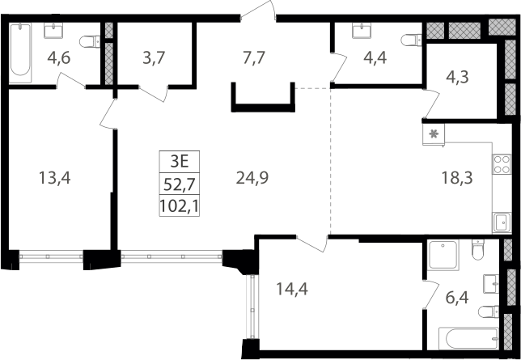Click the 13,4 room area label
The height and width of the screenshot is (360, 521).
[55, 178]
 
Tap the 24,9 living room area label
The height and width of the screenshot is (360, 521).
[252, 178]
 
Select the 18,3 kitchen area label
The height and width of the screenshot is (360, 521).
[457, 178]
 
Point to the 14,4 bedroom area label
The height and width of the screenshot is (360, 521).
[292, 289]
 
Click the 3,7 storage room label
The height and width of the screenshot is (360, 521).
[154, 58]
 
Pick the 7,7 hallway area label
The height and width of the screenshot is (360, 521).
[254, 58]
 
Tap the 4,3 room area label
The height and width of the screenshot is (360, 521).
[458, 78]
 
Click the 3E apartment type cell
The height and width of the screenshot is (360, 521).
[180, 162]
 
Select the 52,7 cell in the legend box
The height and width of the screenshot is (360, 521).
[180, 184]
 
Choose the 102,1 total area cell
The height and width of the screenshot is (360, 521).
[180, 205]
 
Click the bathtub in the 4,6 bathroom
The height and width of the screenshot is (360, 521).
[20, 53]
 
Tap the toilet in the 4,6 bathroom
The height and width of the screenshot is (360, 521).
[90, 41]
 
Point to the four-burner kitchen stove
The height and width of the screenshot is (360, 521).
[502, 164]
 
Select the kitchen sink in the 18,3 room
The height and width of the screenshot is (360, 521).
[502, 222]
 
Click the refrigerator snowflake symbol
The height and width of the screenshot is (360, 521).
[434, 134]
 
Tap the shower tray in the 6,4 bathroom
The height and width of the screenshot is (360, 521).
[443, 255]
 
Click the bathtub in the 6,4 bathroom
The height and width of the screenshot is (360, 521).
[469, 338]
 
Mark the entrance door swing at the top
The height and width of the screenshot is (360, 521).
[258, 10]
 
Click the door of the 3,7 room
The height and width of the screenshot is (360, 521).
[154, 93]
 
